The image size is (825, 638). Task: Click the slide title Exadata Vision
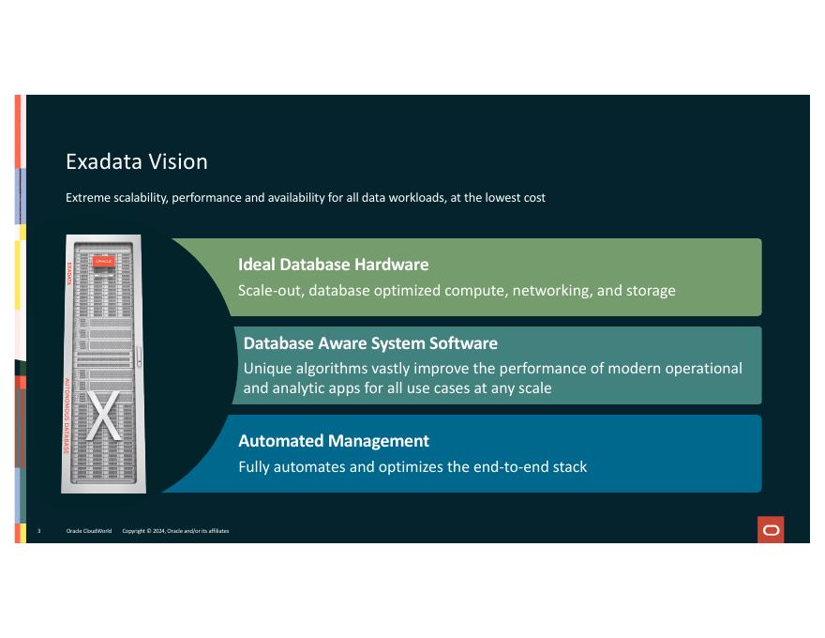pos(137,161)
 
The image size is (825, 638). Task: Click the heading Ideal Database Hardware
pos(333,264)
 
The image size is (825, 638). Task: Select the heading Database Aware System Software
pos(370,342)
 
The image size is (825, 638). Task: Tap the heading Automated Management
pos(333,440)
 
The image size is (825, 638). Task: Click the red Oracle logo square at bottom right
pos(771,530)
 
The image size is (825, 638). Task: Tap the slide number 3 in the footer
pos(38,531)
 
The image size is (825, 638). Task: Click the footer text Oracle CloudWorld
pos(89,531)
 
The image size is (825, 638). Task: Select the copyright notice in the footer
pos(175,531)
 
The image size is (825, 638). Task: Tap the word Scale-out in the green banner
pos(270,290)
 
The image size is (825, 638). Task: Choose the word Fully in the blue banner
pos(256,466)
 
